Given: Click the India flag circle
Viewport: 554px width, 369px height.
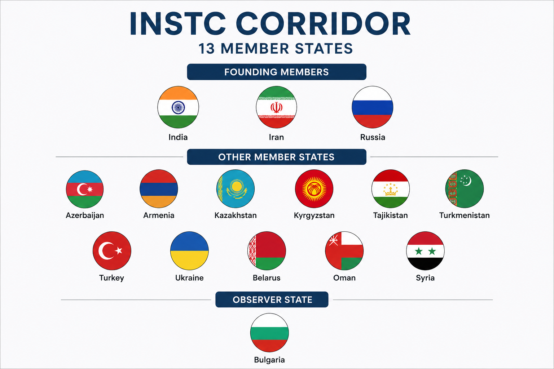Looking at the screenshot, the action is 178,107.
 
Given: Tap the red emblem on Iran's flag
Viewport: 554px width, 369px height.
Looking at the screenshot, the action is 276,107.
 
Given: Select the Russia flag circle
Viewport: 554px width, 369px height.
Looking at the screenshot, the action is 373,107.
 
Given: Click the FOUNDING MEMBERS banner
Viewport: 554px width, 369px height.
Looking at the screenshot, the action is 277,72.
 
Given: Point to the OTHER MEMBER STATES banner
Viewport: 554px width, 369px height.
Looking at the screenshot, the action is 277,157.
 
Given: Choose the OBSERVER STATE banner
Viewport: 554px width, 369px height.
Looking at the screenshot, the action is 272,299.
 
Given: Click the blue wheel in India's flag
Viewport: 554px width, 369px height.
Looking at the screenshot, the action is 178,107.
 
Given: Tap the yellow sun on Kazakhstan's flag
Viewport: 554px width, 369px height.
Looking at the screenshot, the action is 237,186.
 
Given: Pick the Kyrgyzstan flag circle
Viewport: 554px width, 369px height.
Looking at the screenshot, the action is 314,188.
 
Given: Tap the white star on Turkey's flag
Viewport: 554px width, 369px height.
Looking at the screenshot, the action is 119,250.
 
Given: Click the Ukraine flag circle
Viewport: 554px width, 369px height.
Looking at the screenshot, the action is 189,250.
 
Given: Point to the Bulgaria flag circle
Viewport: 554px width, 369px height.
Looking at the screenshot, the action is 269,333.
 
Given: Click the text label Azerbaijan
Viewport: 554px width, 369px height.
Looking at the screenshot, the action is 85,215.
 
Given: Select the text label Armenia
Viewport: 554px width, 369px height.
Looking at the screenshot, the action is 159,215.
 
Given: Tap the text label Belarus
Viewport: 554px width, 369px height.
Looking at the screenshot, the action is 267,278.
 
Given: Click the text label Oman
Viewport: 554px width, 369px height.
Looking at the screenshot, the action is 344,278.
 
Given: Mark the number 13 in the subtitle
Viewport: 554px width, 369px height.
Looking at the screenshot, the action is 207,49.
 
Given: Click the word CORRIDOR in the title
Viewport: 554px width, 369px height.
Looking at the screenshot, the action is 324,23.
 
